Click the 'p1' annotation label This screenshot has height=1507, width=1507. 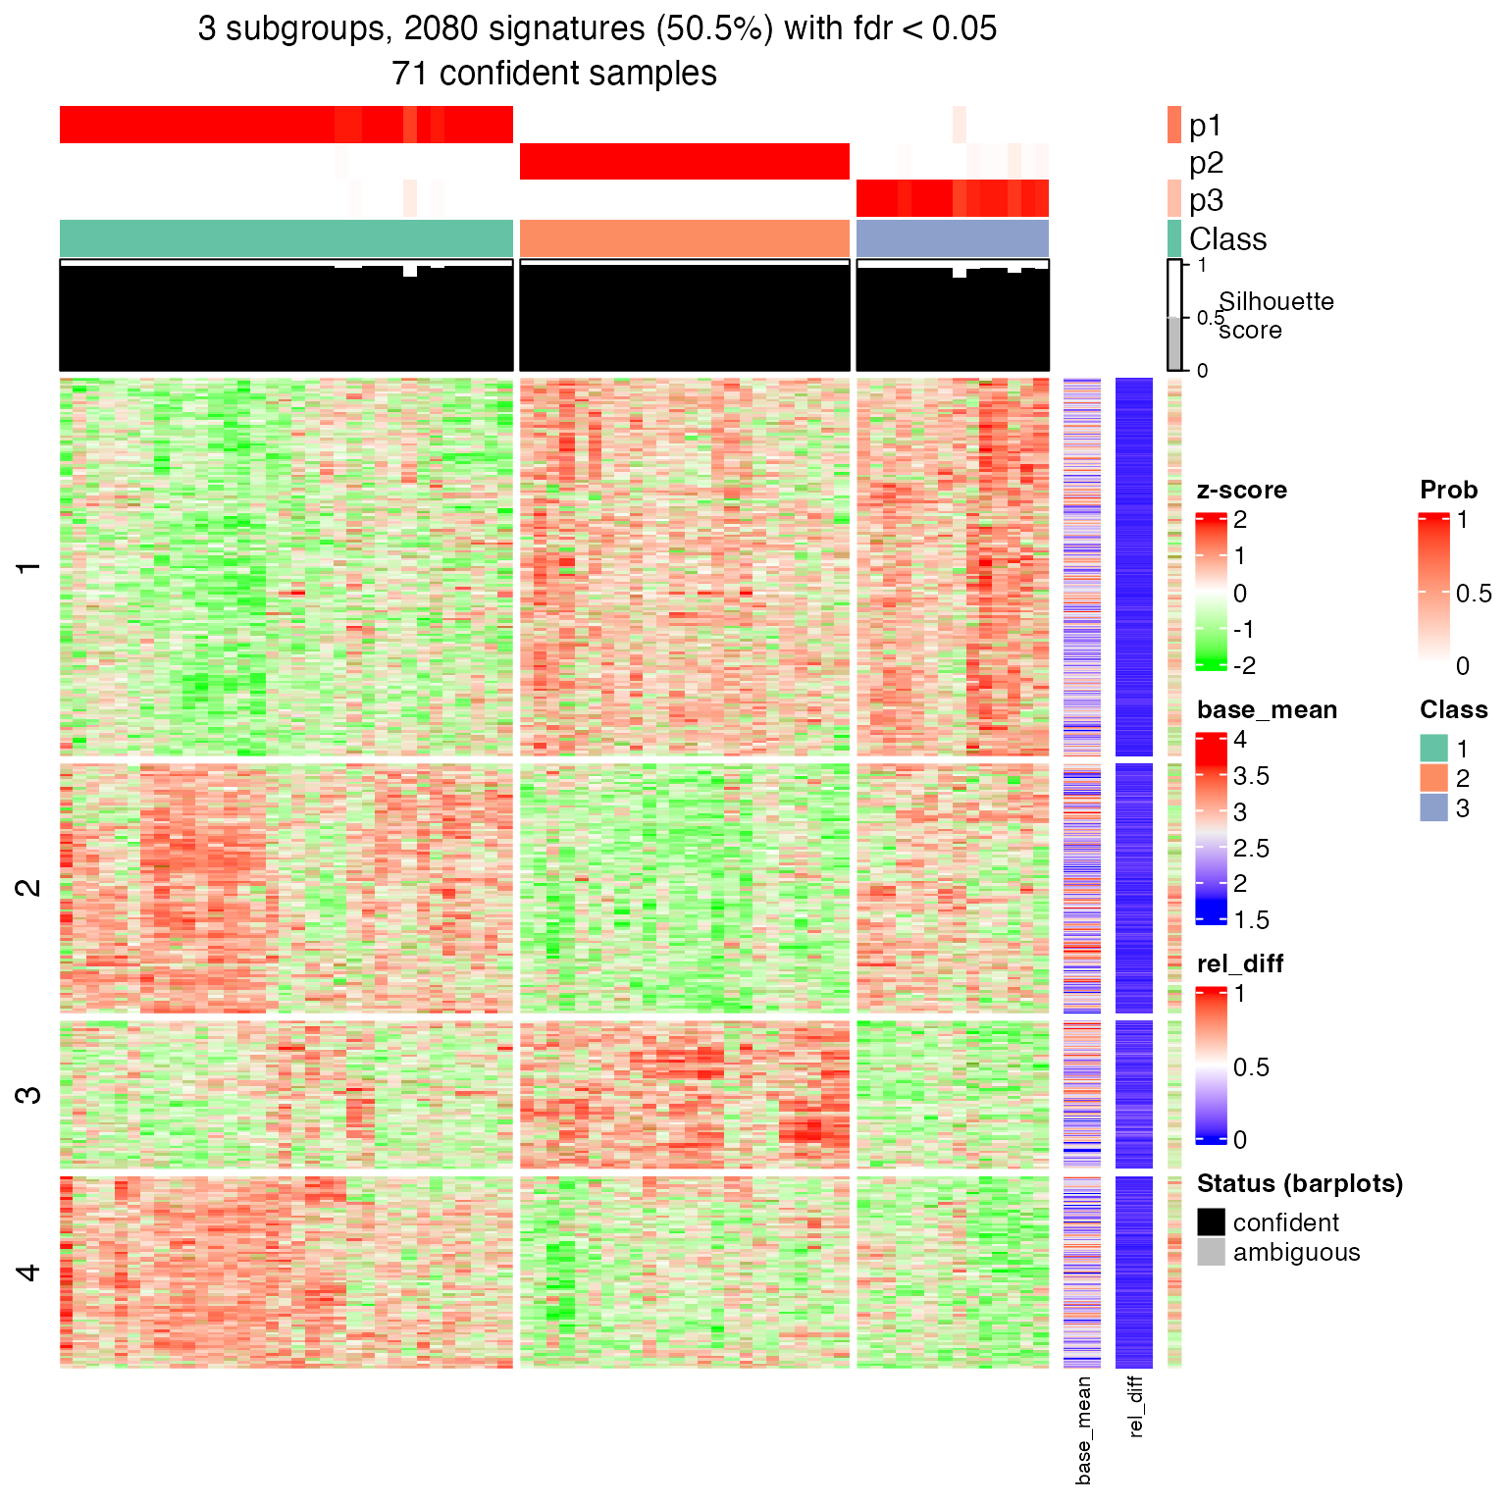[1205, 126]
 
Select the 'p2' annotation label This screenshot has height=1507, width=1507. [1206, 163]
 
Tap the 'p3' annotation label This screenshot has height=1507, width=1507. [1206, 200]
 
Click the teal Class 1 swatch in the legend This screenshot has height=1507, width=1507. [1433, 749]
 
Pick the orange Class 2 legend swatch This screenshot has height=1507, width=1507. [1433, 778]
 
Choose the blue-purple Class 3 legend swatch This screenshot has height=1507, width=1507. [1433, 807]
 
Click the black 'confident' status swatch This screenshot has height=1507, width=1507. [1211, 1221]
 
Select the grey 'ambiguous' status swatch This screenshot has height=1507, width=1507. [1211, 1251]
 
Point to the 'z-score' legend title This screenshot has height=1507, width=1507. [1241, 490]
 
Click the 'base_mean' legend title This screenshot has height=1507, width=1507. [1267, 709]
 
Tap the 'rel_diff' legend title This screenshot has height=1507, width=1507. [1240, 963]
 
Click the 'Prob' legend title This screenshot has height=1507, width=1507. [1448, 490]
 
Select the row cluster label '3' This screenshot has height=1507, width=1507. [29, 1094]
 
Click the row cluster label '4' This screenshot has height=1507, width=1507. [29, 1273]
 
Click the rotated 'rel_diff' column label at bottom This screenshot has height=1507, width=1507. [1135, 1406]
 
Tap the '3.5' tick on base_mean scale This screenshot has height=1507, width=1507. [1251, 776]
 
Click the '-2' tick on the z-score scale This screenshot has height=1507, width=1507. [1243, 665]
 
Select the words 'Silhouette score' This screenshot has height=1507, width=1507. [1275, 315]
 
